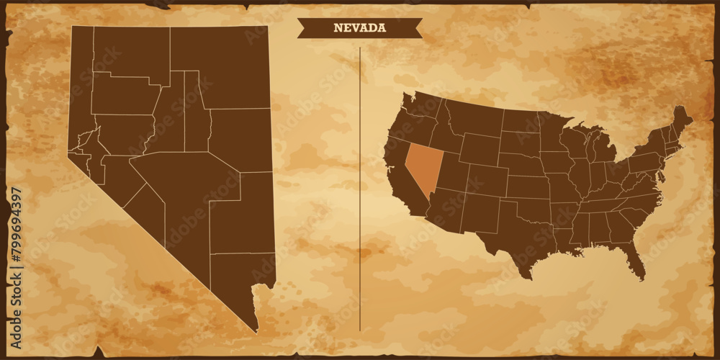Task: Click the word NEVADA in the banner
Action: click(x=359, y=28)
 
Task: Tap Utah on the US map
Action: click(x=450, y=174)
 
